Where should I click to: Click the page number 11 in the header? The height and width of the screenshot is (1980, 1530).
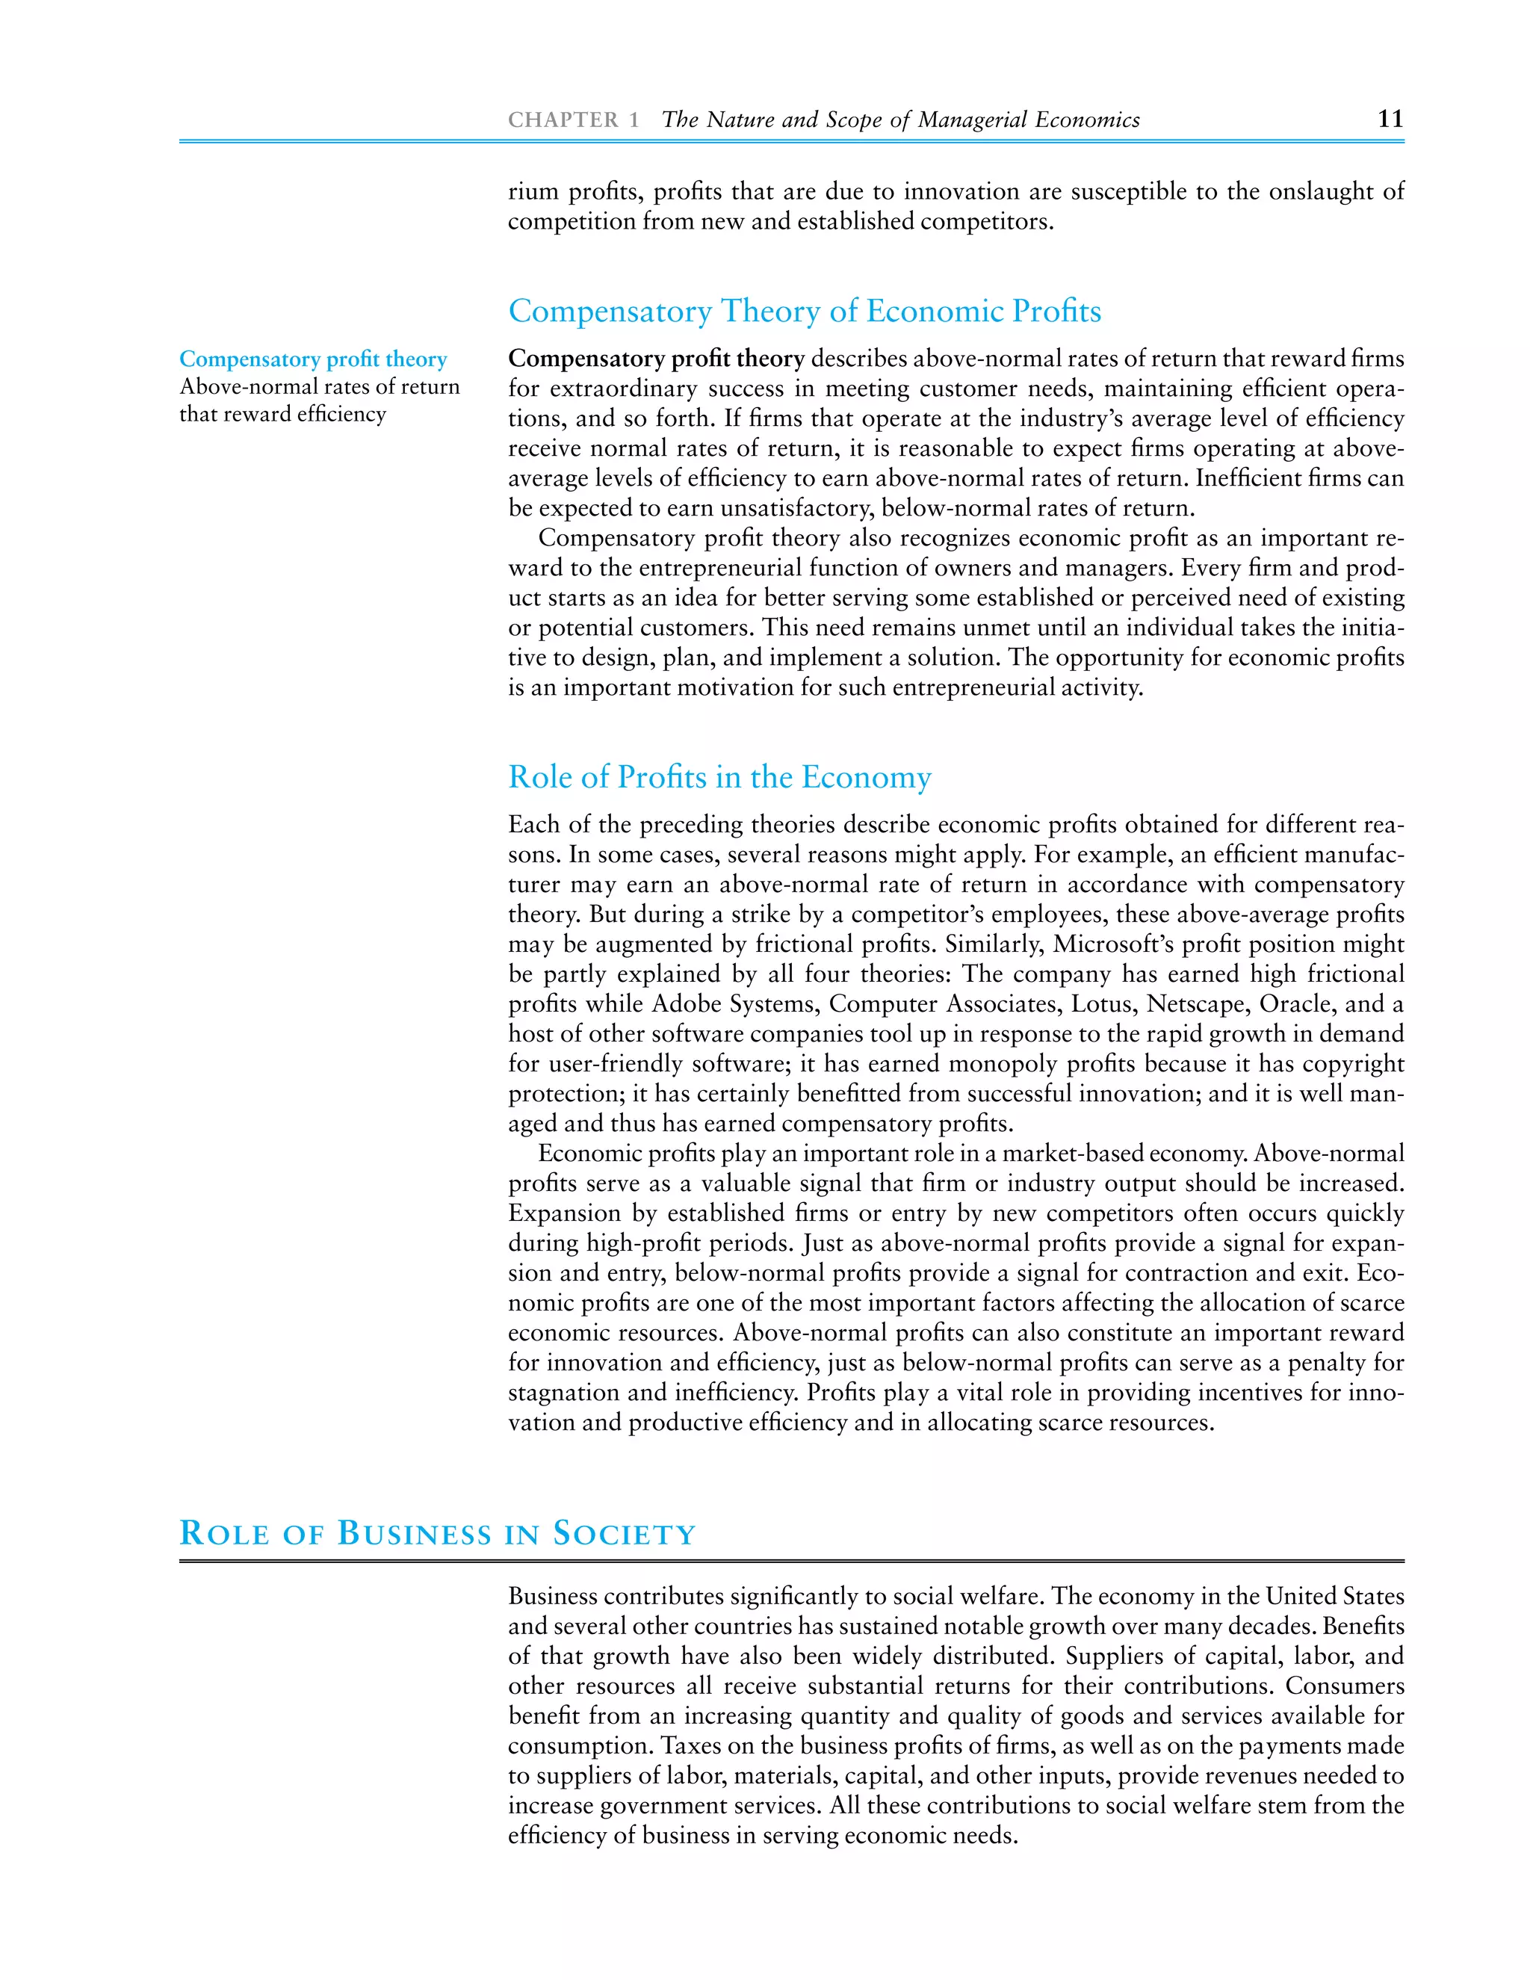click(x=1390, y=119)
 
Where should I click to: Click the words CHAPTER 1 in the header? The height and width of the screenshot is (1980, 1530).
click(x=573, y=120)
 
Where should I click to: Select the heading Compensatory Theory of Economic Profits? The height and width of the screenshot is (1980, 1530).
click(x=804, y=311)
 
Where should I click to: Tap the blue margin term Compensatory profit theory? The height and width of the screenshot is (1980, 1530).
click(x=313, y=359)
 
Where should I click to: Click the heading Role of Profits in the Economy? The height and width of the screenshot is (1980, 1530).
click(x=719, y=777)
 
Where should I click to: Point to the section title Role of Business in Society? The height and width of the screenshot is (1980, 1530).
click(x=437, y=1533)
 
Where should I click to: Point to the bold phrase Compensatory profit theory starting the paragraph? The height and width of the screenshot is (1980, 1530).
click(x=655, y=359)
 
